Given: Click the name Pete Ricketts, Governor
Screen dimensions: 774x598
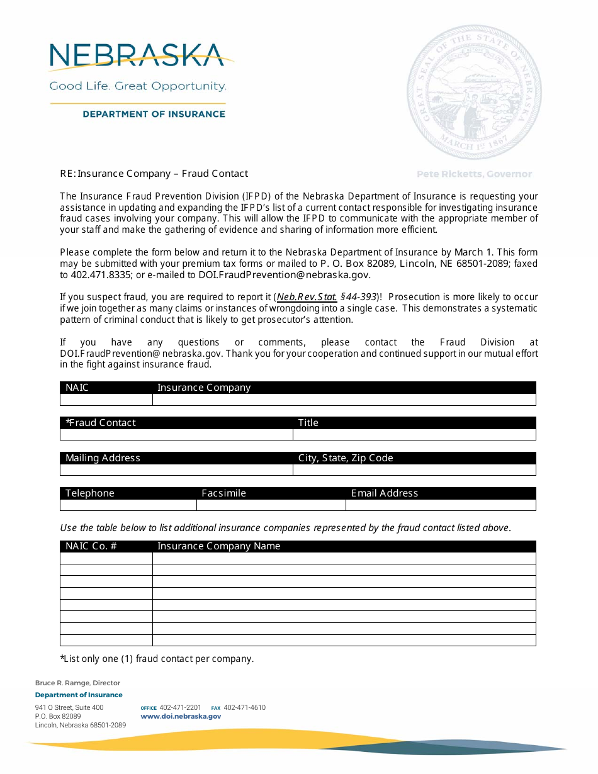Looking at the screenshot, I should click(474, 174).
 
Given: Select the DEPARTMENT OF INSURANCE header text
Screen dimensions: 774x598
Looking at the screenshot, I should click(154, 114).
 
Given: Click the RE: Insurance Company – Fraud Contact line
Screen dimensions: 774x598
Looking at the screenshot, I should click(154, 174).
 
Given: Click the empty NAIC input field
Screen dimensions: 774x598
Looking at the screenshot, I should click(106, 400).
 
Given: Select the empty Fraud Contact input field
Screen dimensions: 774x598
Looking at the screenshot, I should click(176, 435).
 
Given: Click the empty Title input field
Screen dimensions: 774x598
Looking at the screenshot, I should click(414, 435).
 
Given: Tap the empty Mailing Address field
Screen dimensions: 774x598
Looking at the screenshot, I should click(176, 470).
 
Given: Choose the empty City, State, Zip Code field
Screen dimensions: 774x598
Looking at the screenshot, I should click(414, 470).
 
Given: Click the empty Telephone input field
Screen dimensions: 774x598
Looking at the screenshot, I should click(128, 505).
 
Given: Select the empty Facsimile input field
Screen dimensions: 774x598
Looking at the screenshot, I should click(271, 505).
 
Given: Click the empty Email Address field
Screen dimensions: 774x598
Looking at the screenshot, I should click(441, 505).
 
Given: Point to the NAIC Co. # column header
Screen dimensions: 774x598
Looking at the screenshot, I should click(91, 546).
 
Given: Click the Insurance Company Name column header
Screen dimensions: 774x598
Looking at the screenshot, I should click(218, 546).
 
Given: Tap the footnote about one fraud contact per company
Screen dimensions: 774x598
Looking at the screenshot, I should click(157, 659).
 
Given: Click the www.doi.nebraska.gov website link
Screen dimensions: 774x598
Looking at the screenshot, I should click(181, 716).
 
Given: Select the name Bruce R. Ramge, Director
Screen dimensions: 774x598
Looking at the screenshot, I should click(77, 683).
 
